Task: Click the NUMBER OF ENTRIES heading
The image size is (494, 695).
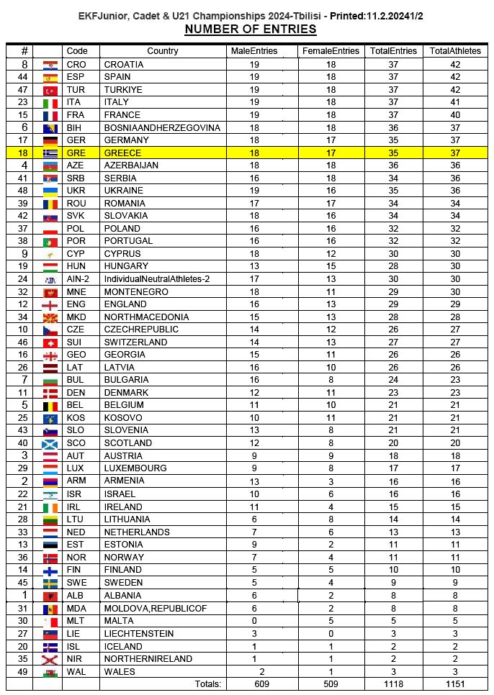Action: (250, 29)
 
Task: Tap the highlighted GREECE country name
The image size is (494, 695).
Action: (122, 153)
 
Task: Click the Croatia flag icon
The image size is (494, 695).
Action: (50, 64)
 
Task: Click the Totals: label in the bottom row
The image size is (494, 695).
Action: (207, 683)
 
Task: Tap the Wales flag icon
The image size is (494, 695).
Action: (50, 671)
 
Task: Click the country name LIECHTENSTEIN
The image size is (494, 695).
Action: (139, 633)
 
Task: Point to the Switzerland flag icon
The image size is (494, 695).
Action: (50, 342)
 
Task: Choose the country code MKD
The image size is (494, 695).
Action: (76, 317)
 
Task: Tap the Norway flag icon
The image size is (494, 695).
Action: (50, 558)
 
